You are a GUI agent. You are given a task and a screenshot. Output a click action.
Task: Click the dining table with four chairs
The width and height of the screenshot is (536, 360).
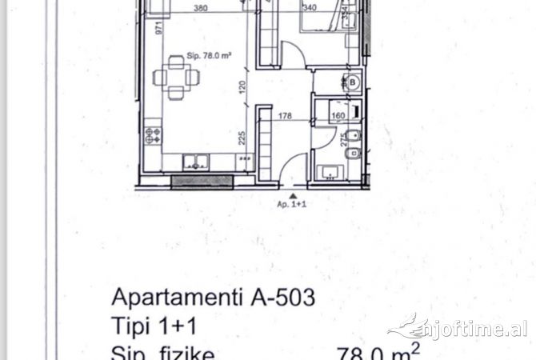(x=177, y=78)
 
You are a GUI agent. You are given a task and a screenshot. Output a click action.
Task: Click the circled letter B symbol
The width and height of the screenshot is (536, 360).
(x=351, y=82)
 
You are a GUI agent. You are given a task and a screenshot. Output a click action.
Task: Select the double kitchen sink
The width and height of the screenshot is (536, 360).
(x=194, y=162)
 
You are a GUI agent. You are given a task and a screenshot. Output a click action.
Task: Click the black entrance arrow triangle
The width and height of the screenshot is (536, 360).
(x=294, y=194)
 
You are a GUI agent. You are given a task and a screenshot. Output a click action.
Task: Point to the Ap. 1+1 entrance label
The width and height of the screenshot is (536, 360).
(x=294, y=203)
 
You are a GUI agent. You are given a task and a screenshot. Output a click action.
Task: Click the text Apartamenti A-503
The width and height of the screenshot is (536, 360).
(x=213, y=299)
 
